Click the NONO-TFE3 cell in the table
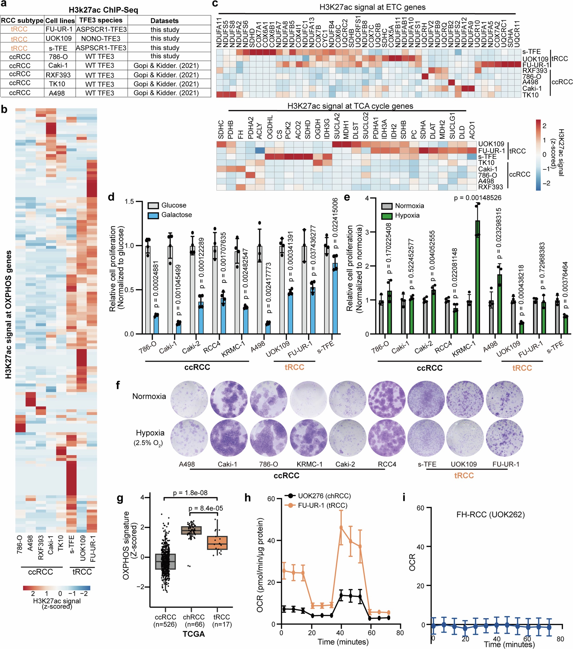[101, 39]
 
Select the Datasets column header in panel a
[164, 21]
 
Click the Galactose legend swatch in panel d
[154, 215]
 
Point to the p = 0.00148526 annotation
[477, 198]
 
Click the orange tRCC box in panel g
[217, 543]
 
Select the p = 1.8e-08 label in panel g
[190, 493]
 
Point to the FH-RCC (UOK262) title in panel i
[490, 514]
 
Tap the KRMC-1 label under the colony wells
[309, 464]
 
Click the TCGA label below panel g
[193, 634]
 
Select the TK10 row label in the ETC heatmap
[530, 95]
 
